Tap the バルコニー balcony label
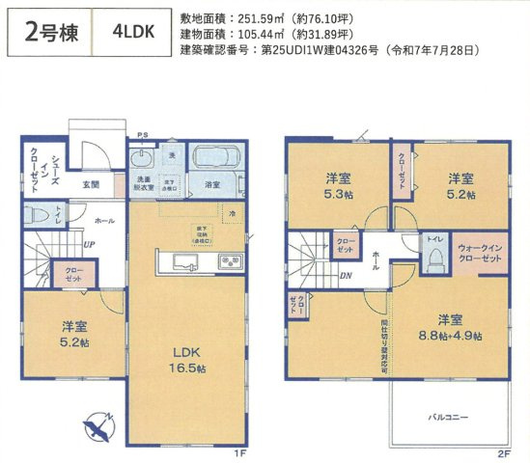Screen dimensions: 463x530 pos(449,418)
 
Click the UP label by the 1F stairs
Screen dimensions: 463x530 pos(88,244)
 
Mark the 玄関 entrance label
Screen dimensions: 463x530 pos(91,183)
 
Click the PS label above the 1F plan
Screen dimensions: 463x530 pos(142,135)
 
